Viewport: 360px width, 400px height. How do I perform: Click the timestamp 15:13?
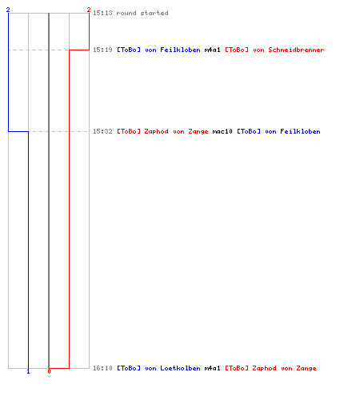pos(102,13)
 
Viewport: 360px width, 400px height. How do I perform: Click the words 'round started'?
pos(142,13)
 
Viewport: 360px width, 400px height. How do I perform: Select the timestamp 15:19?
pos(102,50)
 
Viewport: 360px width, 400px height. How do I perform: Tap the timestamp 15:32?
pos(102,131)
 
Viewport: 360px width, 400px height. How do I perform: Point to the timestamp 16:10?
pos(102,368)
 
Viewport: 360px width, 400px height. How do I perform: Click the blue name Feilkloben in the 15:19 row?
pos(180,50)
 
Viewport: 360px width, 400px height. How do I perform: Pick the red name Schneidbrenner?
pos(296,50)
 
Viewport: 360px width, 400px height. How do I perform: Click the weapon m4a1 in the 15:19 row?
pos(213,50)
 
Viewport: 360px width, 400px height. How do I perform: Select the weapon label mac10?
pos(222,131)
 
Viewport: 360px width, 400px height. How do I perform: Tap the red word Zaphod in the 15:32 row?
pos(156,131)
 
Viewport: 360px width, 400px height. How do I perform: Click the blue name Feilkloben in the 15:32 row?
pos(300,131)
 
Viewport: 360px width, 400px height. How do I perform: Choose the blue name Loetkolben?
pos(180,368)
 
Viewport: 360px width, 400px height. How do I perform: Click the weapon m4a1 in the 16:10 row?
pos(213,368)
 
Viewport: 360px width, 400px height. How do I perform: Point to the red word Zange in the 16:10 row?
pos(306,368)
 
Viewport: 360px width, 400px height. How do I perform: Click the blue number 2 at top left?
pos(8,10)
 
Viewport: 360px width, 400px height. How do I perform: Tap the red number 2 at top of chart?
pos(89,10)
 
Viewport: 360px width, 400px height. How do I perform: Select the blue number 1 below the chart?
pos(28,371)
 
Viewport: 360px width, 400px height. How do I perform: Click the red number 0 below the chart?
pos(49,371)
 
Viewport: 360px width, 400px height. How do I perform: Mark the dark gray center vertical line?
pos(49,190)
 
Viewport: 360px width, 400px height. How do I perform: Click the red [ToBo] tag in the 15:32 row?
pos(129,131)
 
